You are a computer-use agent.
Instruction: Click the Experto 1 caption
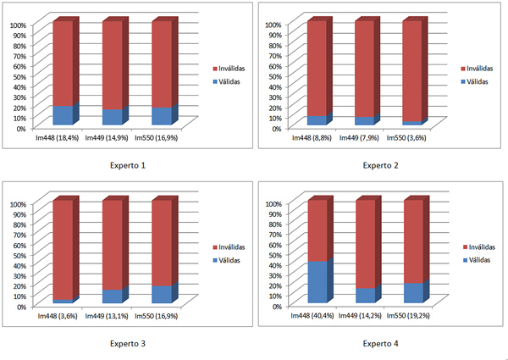pos(128,165)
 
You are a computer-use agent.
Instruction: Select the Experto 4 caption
pos(380,343)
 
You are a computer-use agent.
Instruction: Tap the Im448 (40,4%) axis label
pos(312,316)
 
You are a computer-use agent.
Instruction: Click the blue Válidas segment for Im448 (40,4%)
pos(317,282)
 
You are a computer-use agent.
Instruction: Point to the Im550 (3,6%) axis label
pos(406,138)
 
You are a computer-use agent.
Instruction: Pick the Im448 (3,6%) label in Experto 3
pos(58,316)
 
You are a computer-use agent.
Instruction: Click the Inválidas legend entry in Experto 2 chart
pos(477,69)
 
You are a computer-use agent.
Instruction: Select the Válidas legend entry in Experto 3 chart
pos(227,261)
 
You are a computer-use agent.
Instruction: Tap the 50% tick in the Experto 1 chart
pos(19,76)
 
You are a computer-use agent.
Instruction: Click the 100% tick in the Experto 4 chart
pos(273,204)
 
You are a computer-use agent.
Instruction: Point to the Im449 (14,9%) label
pos(107,138)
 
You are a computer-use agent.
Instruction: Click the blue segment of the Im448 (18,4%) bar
pos(63,115)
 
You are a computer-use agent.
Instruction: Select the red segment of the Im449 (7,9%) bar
pos(364,69)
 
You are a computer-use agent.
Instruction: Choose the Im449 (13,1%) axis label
pos(107,316)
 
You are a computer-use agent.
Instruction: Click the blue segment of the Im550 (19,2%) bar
pos(413,293)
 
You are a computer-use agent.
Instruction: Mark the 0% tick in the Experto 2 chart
pos(275,129)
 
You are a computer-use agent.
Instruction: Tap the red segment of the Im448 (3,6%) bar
pos(63,250)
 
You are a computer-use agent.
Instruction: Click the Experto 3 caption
pos(128,343)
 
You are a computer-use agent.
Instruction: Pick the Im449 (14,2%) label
pos(360,316)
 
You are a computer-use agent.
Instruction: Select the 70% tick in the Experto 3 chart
pos(19,235)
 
